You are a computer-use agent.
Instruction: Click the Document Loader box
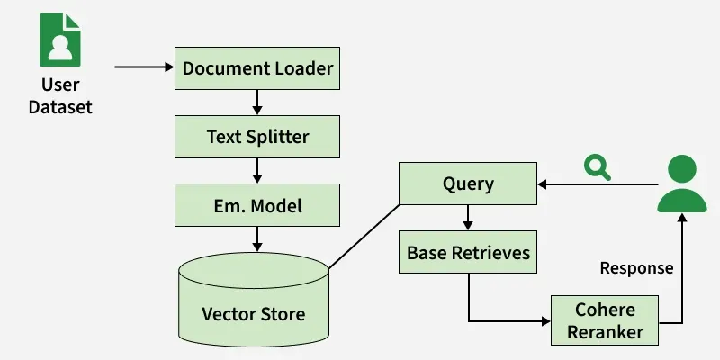point(257,67)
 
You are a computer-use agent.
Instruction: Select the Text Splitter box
point(257,138)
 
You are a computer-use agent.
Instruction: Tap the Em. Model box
point(257,206)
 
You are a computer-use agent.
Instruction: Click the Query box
point(468,184)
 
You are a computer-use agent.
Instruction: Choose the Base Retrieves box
point(468,254)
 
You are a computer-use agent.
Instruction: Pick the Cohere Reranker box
point(605,321)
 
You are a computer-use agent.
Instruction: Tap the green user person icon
point(682,184)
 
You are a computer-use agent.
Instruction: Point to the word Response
point(635,268)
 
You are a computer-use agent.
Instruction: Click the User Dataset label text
point(60,96)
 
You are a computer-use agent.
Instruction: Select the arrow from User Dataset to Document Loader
point(144,67)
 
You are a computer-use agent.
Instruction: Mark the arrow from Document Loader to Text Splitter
point(257,102)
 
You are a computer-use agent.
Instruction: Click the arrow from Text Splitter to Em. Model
point(257,170)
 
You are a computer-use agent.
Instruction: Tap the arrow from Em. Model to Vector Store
point(257,239)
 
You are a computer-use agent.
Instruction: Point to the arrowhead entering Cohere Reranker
point(544,321)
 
